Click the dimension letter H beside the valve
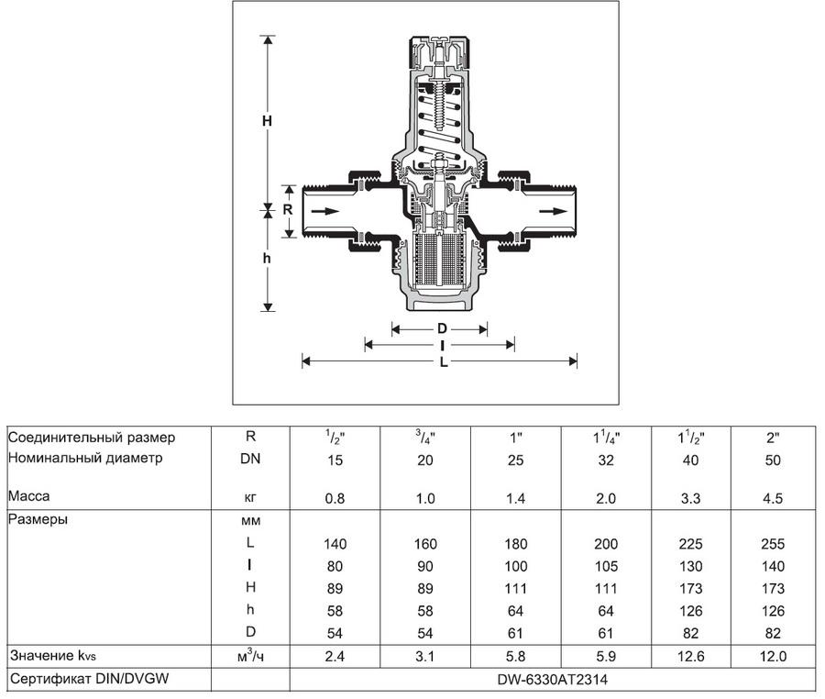pyautogui.click(x=268, y=120)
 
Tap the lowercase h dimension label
pyautogui.click(x=268, y=259)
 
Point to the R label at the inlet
pyautogui.click(x=287, y=209)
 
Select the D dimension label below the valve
pyautogui.click(x=441, y=328)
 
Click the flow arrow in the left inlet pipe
pyautogui.click(x=325, y=211)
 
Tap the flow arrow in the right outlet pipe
pyautogui.click(x=553, y=211)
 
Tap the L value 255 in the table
pyautogui.click(x=772, y=543)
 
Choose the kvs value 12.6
pyautogui.click(x=691, y=657)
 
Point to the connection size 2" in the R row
pyautogui.click(x=772, y=438)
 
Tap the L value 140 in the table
pyautogui.click(x=334, y=543)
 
